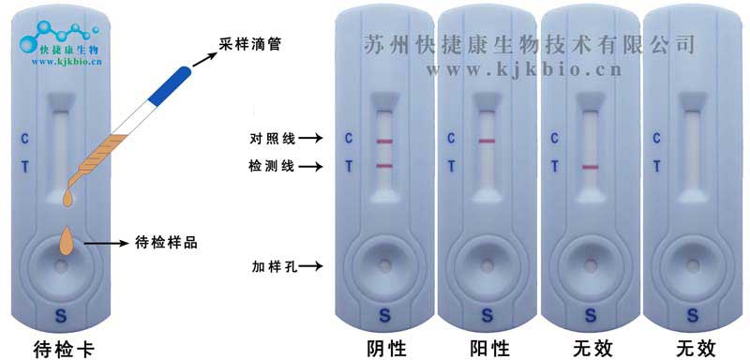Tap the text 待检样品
coord(164,241)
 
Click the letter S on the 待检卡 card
coord(61,313)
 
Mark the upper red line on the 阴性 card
coord(384,142)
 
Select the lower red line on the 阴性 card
coord(384,166)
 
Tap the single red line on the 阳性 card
coord(487,142)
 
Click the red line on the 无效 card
coord(590,167)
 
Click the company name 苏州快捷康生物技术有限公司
coord(530,43)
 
